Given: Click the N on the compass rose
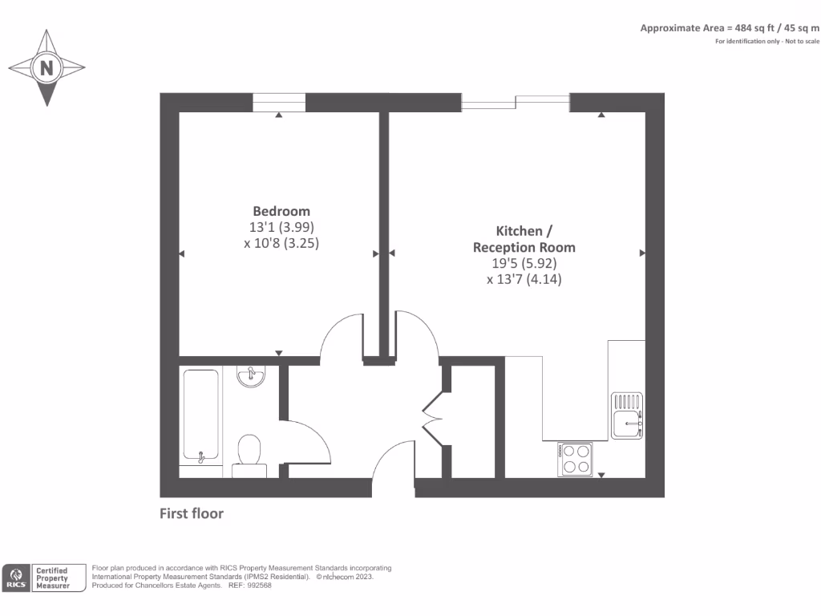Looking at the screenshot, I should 47,68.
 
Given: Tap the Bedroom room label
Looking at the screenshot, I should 281,211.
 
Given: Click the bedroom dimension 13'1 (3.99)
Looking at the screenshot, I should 281,227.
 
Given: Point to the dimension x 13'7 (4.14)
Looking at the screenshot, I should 524,279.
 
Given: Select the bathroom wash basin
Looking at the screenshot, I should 253,376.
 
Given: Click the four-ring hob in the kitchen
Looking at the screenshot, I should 576,460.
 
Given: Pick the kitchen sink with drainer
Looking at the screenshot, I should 627,415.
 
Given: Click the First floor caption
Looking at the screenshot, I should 192,513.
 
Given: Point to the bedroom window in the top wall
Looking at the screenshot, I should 279,102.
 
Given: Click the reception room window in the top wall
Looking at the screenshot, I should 516,102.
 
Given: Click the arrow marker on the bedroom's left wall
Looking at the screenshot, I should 181,254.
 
